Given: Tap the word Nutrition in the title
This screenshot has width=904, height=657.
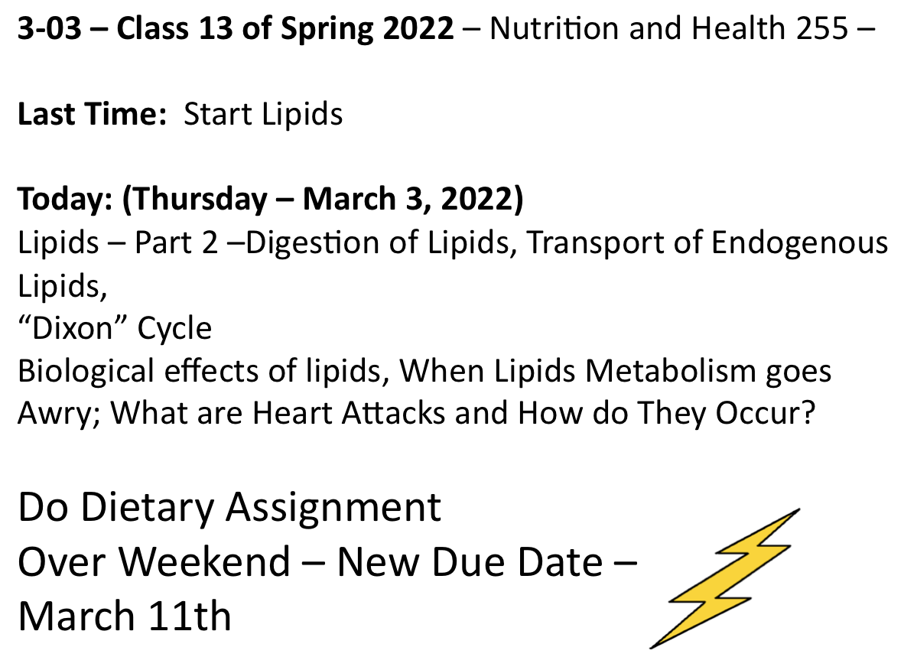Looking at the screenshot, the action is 554,28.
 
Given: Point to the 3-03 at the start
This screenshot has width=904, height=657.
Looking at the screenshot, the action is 50,28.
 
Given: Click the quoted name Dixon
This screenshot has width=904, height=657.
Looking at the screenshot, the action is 73,328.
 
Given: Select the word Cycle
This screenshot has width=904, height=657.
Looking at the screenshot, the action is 174,330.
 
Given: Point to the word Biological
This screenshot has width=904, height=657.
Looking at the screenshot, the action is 86,372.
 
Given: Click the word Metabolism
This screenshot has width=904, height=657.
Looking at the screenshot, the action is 671,371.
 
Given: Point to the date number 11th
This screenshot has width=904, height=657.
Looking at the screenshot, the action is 190,616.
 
